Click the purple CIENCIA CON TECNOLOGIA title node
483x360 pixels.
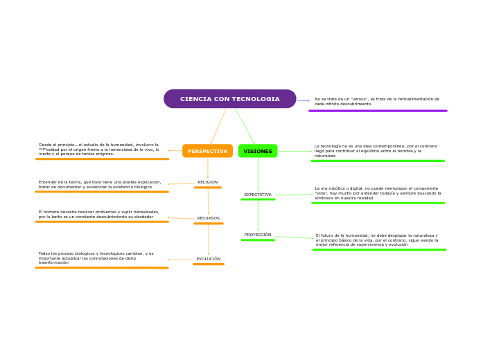click(x=229, y=99)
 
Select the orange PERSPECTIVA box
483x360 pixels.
click(x=207, y=151)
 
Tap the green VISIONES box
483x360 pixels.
click(x=258, y=151)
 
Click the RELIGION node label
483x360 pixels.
click(x=207, y=182)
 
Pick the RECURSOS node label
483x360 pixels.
click(x=208, y=218)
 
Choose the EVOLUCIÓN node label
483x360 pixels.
click(x=208, y=259)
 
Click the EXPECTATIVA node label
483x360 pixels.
click(x=258, y=195)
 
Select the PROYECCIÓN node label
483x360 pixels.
click(x=258, y=235)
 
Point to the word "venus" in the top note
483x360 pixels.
click(x=359, y=99)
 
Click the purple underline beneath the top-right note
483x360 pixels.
click(x=378, y=111)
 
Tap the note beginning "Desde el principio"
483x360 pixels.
click(x=98, y=149)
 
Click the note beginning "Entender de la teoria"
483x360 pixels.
click(x=99, y=184)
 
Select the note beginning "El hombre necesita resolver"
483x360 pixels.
click(x=98, y=215)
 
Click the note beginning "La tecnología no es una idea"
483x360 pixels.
click(x=376, y=151)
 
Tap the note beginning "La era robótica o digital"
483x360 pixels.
click(x=378, y=193)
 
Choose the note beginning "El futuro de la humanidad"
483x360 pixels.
click(x=377, y=240)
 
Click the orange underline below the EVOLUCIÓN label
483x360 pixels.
click(x=208, y=264)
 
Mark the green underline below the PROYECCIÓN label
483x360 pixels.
click(x=258, y=240)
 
